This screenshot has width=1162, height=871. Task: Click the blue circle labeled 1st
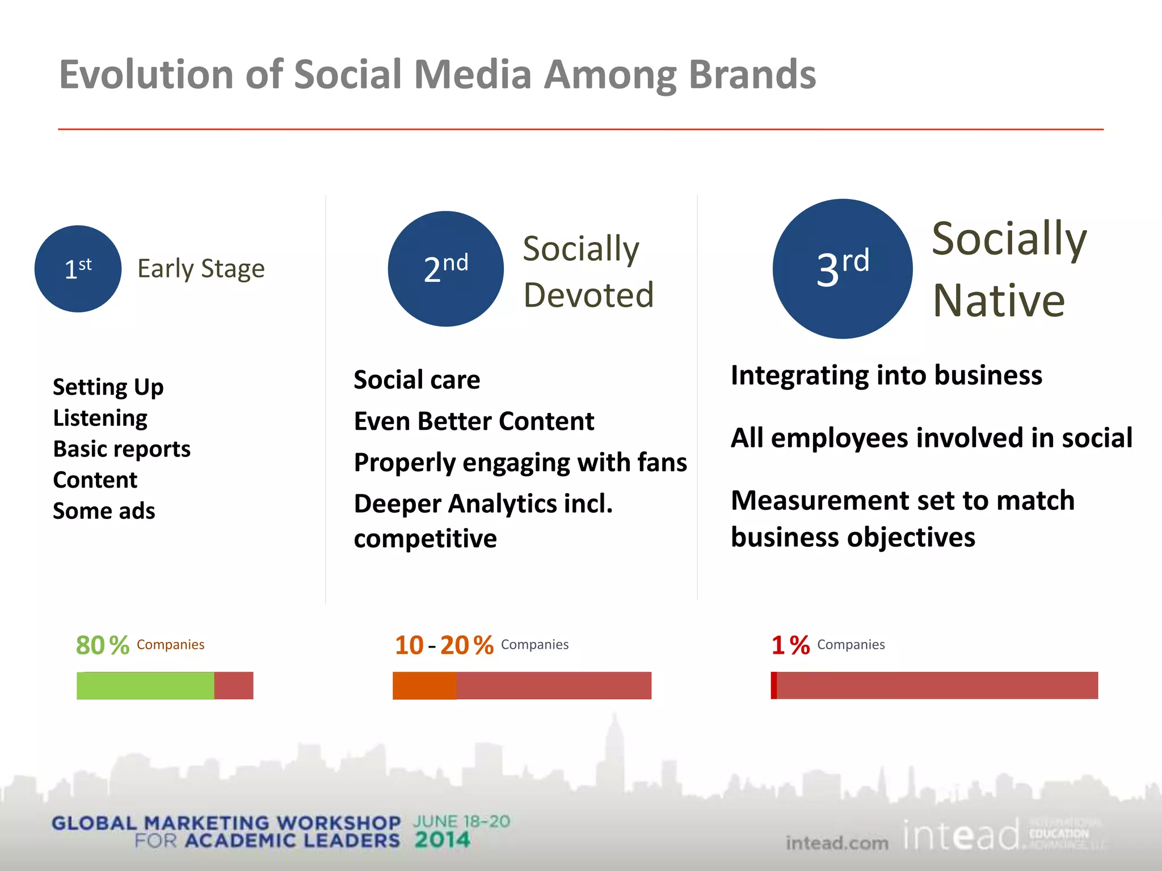78,269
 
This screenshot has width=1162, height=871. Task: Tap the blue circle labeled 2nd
445,269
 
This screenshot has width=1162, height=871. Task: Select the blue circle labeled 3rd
842,269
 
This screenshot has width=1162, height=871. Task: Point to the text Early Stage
201,269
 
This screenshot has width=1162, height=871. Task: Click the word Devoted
588,295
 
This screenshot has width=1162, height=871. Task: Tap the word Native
999,301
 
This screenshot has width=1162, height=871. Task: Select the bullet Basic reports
121,449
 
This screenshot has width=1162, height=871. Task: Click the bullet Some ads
104,511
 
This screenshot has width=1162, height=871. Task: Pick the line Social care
416,380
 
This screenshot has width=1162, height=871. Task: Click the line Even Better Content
474,421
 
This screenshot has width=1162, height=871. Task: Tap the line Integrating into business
886,375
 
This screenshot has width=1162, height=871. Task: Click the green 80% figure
103,645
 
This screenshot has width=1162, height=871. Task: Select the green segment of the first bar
145,686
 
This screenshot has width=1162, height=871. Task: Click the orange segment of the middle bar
424,686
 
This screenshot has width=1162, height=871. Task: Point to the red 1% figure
790,645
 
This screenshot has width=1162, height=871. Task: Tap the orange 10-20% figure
444,645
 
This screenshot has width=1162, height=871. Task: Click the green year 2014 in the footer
442,840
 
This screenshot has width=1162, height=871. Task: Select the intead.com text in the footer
837,843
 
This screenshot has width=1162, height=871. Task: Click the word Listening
100,418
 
